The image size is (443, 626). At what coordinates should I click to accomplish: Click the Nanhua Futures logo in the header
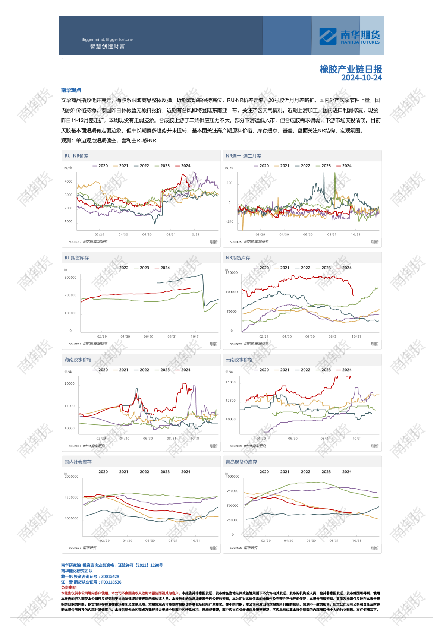pyautogui.click(x=349, y=36)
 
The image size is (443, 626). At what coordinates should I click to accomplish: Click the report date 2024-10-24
pyautogui.click(x=361, y=78)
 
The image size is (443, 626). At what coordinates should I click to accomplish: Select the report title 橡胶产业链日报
pyautogui.click(x=351, y=69)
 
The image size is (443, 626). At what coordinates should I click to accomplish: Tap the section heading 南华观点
pyautogui.click(x=71, y=90)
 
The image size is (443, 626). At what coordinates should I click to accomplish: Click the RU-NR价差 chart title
pyautogui.click(x=76, y=156)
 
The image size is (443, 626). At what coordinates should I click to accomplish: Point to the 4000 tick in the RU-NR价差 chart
pyautogui.click(x=69, y=181)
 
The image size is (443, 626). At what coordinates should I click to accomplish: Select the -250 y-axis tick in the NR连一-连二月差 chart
pyautogui.click(x=229, y=222)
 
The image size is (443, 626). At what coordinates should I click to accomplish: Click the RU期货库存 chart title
pyautogui.click(x=77, y=258)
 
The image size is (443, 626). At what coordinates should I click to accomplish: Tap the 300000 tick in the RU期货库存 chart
pyautogui.click(x=70, y=278)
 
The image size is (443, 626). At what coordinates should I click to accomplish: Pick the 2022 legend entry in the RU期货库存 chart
pyautogui.click(x=121, y=268)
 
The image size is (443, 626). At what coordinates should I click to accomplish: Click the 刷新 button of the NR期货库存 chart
pyautogui.click(x=374, y=344)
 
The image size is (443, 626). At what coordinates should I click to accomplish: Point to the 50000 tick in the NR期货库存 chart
pyautogui.click(x=232, y=312)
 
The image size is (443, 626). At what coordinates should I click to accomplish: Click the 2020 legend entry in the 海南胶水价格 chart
pyautogui.click(x=100, y=370)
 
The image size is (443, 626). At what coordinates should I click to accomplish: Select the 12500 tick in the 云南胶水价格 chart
pyautogui.click(x=231, y=401)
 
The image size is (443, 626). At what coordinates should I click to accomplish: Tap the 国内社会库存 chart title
pyautogui.click(x=78, y=462)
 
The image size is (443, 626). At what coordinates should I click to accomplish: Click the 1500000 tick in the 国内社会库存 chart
pyautogui.click(x=72, y=497)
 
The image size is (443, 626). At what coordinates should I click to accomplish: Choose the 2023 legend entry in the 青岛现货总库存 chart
pyautogui.click(x=323, y=472)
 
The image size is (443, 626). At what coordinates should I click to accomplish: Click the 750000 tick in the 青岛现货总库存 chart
pyautogui.click(x=233, y=491)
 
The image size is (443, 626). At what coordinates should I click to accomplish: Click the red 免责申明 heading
pyautogui.click(x=69, y=588)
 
